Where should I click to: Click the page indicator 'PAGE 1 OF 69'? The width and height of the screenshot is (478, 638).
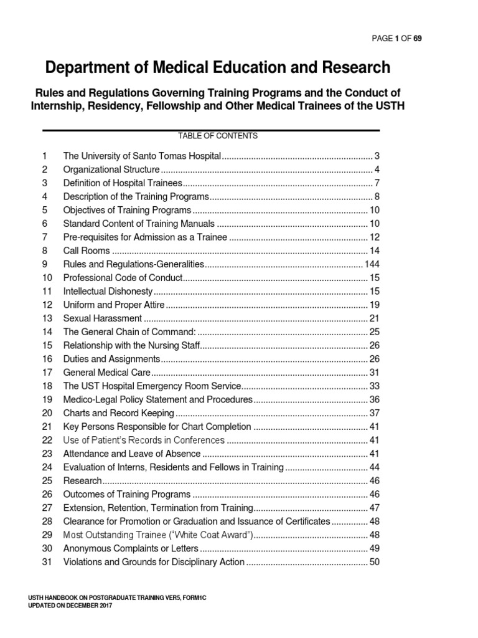[396, 38]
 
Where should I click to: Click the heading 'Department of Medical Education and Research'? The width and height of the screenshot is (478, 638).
[217, 67]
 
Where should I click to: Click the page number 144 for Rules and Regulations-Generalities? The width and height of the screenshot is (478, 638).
[372, 264]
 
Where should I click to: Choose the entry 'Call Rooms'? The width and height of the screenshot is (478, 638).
[87, 250]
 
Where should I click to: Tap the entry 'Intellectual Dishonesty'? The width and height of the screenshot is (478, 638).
[108, 291]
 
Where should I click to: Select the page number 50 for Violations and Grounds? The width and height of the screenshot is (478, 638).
[374, 563]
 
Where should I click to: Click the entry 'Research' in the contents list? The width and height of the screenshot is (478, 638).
[83, 481]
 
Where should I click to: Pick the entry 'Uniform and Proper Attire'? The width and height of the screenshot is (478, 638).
[115, 305]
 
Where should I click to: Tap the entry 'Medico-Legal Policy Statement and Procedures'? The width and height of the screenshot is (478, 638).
[158, 399]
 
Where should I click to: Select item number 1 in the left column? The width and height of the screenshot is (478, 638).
[45, 156]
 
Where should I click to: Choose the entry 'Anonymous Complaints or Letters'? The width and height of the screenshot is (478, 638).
[131, 549]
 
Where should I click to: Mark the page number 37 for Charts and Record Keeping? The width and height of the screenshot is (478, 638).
[374, 413]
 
